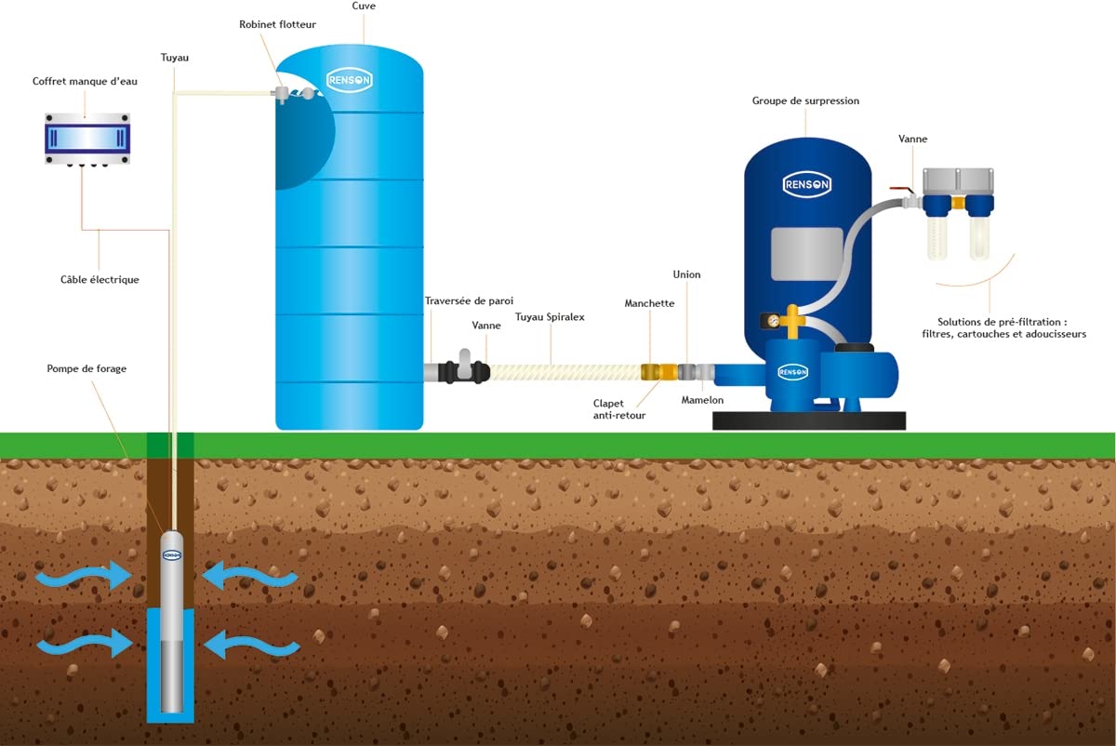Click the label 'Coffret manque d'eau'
(85, 81)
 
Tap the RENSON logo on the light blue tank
(350, 80)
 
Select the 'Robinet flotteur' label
(277, 24)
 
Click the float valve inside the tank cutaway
(293, 93)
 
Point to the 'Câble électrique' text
(100, 280)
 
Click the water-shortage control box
(87, 139)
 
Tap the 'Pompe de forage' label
(86, 368)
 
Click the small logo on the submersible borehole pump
(172, 555)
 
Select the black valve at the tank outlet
(464, 369)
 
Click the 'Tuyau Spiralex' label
(550, 317)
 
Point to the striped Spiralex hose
(565, 372)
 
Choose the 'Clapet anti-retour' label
(618, 409)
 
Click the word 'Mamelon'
(702, 400)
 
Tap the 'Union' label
(686, 274)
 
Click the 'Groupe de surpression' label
(805, 100)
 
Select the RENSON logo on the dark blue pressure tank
(807, 184)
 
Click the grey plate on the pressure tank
(806, 254)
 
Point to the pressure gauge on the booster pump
(773, 321)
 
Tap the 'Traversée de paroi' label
(469, 301)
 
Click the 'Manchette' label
(649, 303)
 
